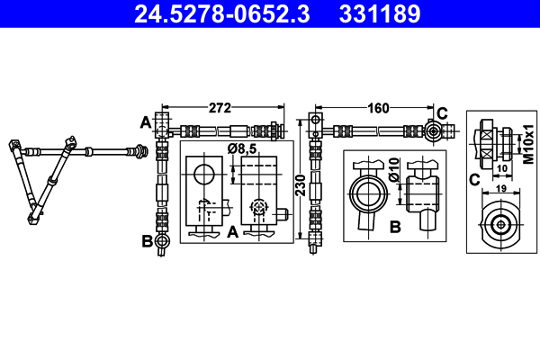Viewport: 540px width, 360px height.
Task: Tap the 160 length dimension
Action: (x=378, y=108)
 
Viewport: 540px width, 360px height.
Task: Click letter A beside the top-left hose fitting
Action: (x=144, y=121)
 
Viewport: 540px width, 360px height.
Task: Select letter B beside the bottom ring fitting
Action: (x=145, y=240)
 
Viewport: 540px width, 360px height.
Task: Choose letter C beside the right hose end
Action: (x=442, y=112)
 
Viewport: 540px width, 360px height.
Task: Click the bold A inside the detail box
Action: (x=231, y=231)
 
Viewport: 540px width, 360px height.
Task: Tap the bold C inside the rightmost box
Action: (x=473, y=178)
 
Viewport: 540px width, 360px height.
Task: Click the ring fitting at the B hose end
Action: (x=161, y=241)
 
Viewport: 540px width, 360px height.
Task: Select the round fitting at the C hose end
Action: (x=433, y=131)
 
